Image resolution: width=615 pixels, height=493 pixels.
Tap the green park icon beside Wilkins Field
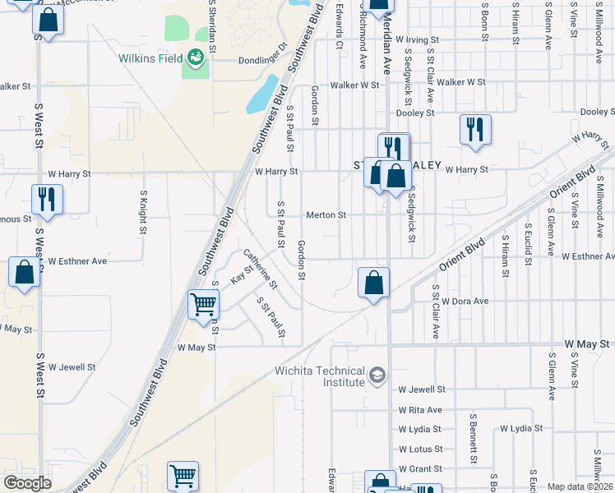point(195,58)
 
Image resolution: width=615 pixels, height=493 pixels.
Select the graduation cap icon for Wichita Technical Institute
point(377,375)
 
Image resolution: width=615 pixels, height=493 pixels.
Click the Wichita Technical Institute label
point(319,376)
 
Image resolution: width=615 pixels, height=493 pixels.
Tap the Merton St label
point(326,215)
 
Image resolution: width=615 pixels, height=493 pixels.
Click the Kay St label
point(242,274)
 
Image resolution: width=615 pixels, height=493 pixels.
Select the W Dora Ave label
point(465,302)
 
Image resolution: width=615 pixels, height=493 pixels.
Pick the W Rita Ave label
point(419,409)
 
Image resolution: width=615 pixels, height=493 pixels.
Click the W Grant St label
point(419,468)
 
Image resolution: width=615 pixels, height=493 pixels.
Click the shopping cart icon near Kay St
point(203,303)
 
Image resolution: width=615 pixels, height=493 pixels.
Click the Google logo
point(27,483)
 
